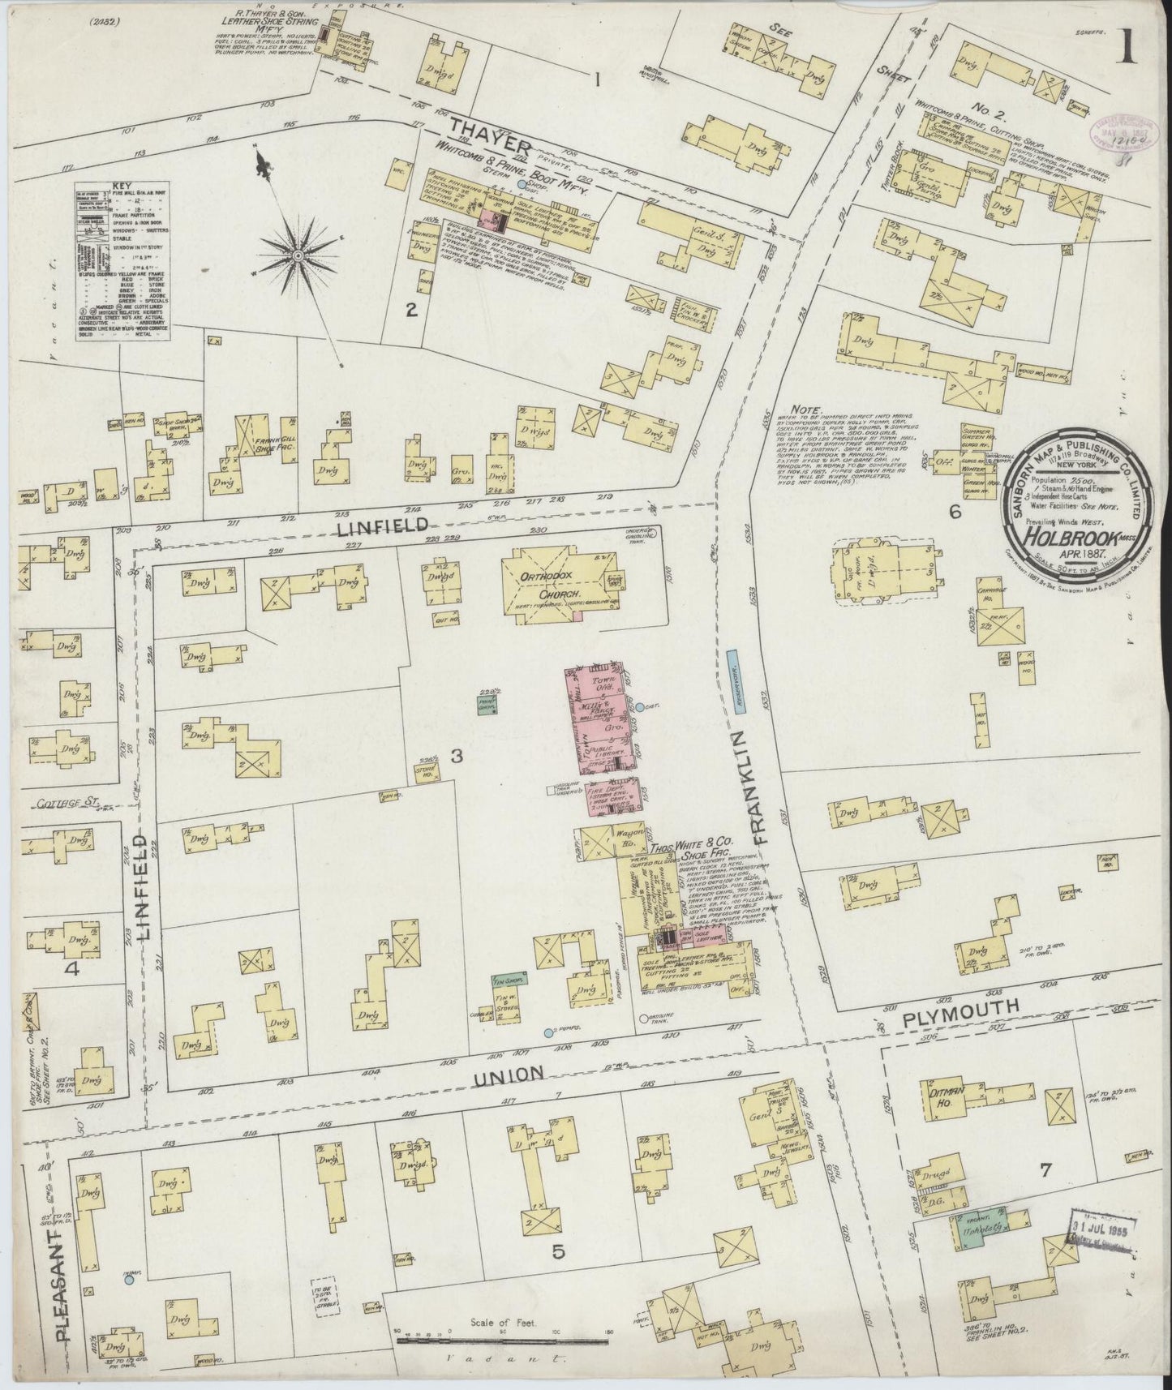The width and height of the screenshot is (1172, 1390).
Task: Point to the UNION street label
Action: (x=509, y=1074)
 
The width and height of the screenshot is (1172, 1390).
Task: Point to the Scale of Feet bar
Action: (x=502, y=1339)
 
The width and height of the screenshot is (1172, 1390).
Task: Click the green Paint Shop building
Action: (x=487, y=703)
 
